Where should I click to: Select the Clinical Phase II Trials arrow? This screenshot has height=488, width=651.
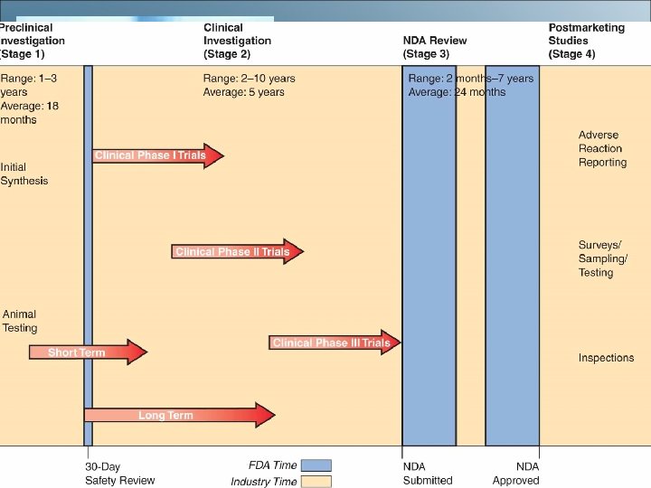click(236, 252)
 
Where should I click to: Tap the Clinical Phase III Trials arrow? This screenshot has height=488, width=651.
click(334, 343)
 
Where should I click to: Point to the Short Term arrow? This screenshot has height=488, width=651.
click(86, 352)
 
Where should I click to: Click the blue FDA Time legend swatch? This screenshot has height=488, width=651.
click(316, 465)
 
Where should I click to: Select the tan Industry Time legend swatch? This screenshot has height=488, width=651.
click(316, 481)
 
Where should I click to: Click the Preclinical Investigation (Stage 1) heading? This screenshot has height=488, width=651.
click(33, 41)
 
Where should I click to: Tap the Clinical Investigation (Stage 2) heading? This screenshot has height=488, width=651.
click(237, 41)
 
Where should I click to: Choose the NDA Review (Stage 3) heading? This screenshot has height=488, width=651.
click(435, 47)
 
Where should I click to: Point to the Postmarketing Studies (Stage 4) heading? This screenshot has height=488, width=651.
click(586, 41)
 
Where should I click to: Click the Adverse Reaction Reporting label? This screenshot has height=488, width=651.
click(602, 149)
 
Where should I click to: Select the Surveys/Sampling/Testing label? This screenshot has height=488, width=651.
click(602, 258)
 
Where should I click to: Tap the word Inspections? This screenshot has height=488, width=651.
click(606, 358)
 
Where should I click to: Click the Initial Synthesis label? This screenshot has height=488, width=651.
click(24, 174)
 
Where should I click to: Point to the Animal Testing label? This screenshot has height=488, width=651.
click(20, 321)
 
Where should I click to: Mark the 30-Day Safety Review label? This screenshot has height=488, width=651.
click(119, 474)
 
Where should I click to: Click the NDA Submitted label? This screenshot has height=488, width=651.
click(427, 474)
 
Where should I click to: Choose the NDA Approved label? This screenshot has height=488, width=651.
click(515, 474)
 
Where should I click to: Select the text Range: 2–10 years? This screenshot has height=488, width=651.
click(249, 79)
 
